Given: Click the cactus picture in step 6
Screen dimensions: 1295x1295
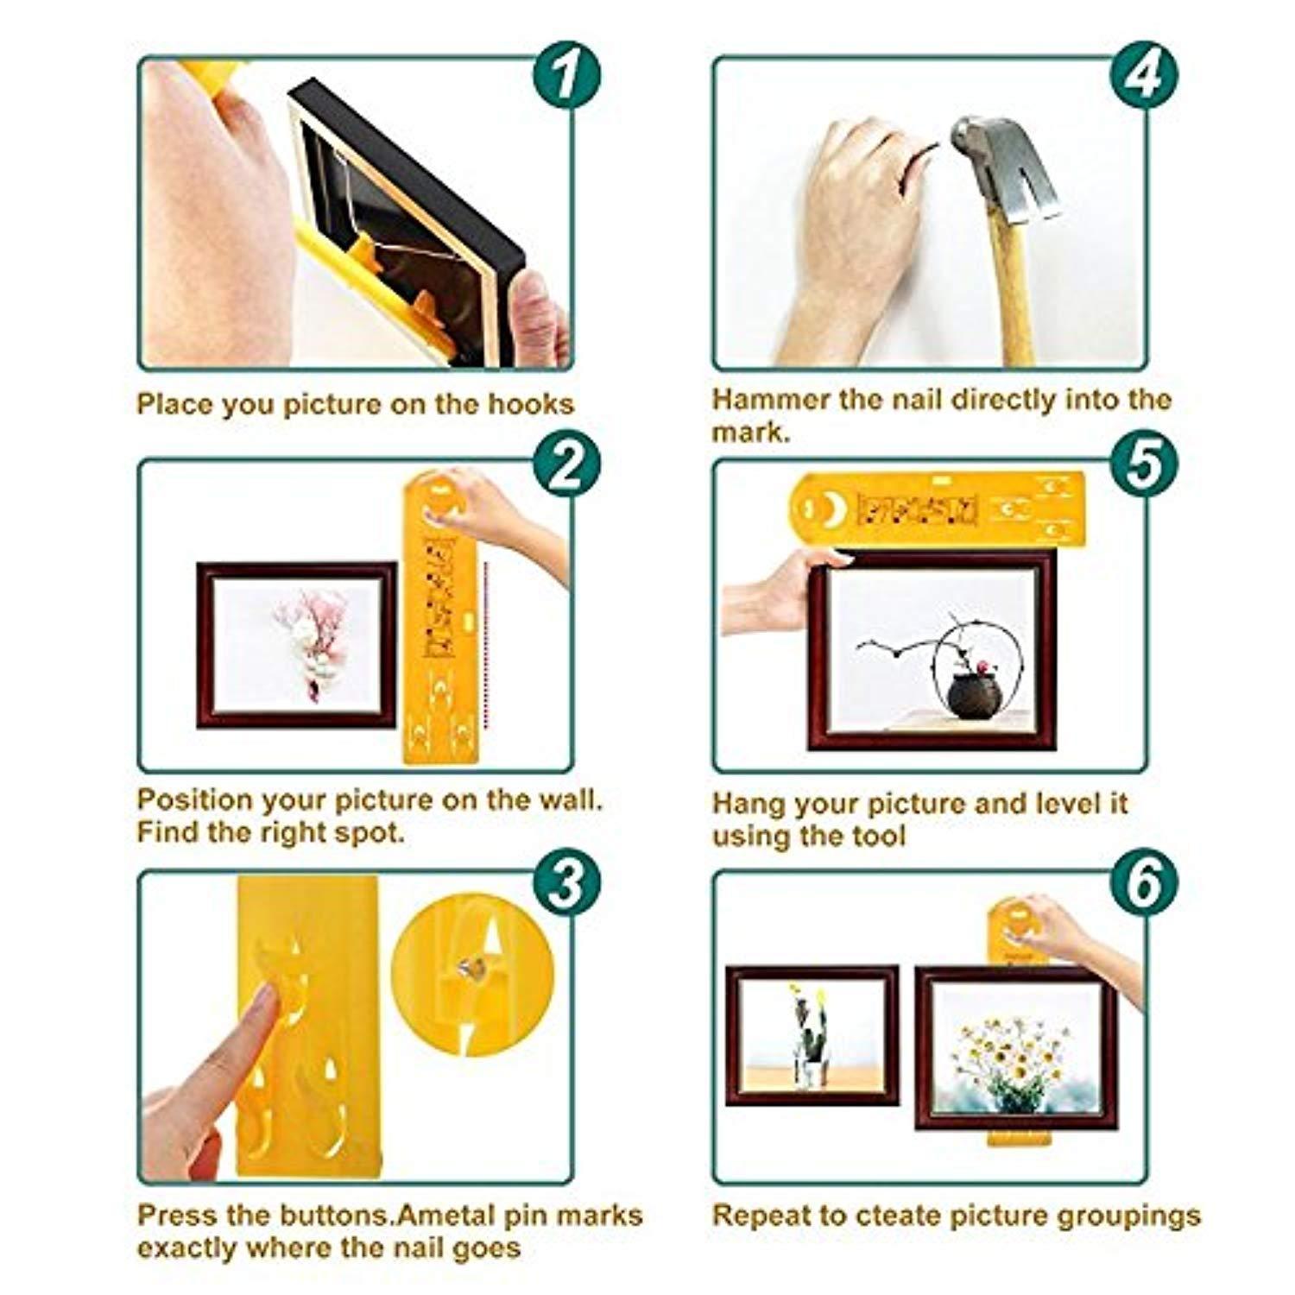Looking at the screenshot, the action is tap(812, 1035).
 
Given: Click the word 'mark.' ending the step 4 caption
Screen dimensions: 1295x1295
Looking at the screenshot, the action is tap(751, 433).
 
